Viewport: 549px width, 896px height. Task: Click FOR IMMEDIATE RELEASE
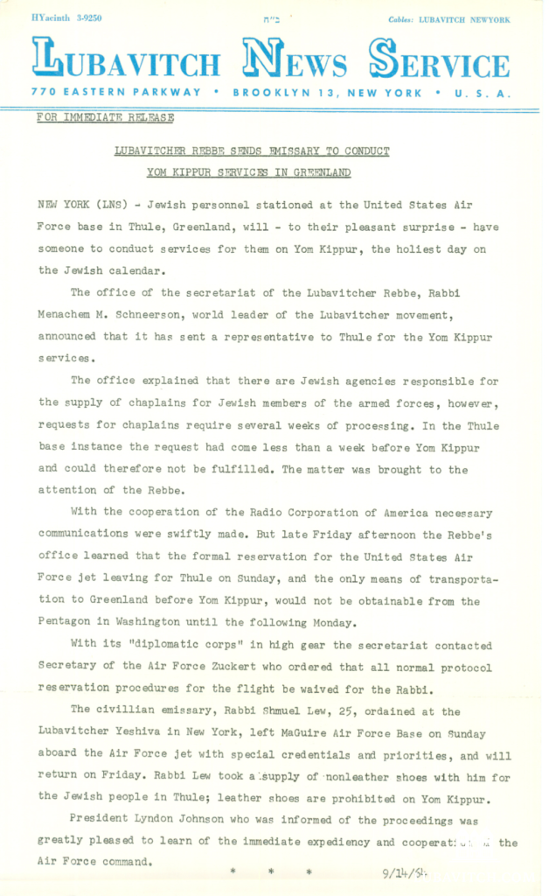(105, 118)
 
